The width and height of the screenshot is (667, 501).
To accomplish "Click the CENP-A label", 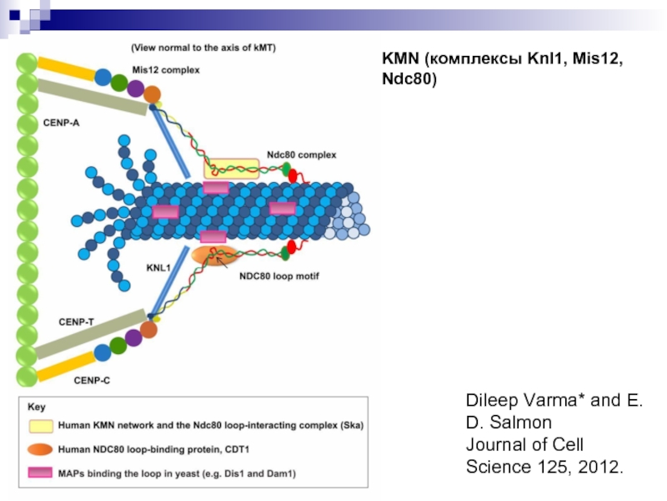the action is (x=61, y=123).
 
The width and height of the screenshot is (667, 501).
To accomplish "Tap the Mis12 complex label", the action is (x=165, y=70).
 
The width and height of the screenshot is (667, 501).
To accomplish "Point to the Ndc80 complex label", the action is (x=301, y=154).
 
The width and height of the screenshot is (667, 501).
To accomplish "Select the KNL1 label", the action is (x=158, y=267).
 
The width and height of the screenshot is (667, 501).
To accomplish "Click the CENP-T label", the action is (x=76, y=322).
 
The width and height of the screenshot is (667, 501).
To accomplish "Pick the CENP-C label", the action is (x=92, y=381).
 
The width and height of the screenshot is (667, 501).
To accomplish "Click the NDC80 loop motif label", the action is (x=279, y=276).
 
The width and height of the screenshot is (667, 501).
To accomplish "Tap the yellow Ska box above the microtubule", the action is (x=232, y=169).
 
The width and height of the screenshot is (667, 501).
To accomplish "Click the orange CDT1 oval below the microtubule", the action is (x=214, y=256).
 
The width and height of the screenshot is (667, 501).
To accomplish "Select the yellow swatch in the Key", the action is (x=41, y=426).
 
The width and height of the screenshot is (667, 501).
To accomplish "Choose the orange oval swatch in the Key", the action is (x=40, y=449).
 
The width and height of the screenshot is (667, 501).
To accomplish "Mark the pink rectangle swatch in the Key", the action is (x=40, y=473).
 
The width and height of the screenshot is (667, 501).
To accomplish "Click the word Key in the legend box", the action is (x=36, y=407).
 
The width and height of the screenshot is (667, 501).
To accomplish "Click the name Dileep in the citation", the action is (x=492, y=401).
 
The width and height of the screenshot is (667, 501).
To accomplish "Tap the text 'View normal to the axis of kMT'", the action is (x=203, y=48).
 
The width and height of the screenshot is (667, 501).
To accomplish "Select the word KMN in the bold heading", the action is (x=400, y=58).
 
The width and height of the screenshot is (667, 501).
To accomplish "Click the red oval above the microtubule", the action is (x=293, y=175).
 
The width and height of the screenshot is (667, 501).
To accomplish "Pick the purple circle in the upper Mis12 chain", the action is (x=136, y=89).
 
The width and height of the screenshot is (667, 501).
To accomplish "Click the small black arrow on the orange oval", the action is (x=222, y=261).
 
